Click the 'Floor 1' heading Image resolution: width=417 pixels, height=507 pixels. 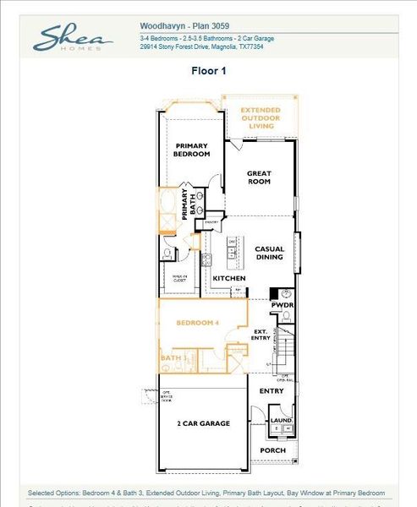(209, 72)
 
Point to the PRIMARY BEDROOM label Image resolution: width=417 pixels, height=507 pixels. (192, 150)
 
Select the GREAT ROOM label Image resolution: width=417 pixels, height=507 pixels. (259, 177)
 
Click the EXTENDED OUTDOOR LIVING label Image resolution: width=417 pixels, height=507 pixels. (260, 118)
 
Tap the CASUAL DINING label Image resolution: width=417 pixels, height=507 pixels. (270, 253)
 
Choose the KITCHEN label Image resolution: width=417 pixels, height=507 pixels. (228, 278)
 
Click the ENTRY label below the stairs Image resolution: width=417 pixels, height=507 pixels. (272, 391)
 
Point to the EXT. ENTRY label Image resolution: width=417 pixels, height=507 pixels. (261, 335)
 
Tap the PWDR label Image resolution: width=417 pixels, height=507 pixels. (283, 306)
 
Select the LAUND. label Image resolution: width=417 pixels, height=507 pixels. (281, 420)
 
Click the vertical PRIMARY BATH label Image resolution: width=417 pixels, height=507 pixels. (189, 205)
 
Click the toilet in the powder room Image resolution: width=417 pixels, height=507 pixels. (286, 316)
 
